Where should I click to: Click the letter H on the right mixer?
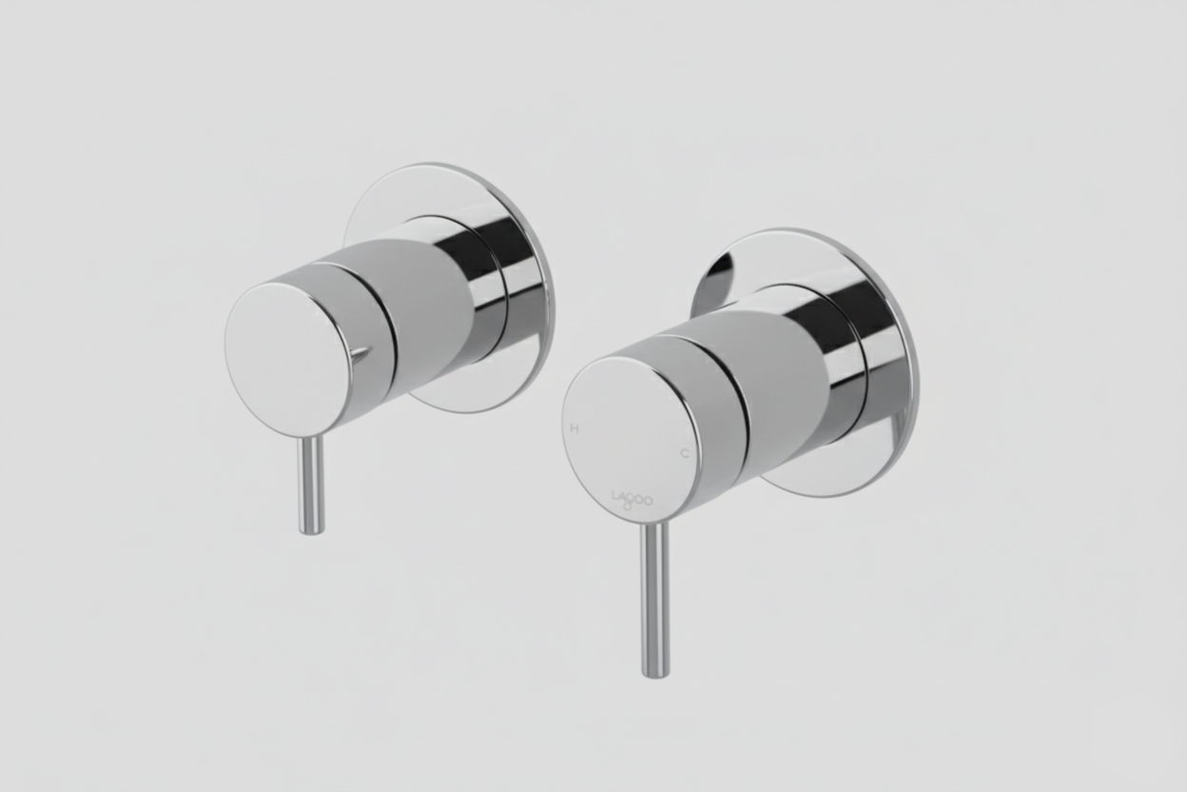point(574,428)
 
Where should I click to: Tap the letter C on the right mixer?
point(684,453)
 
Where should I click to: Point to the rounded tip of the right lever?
point(655,671)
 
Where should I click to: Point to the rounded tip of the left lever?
point(312,528)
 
